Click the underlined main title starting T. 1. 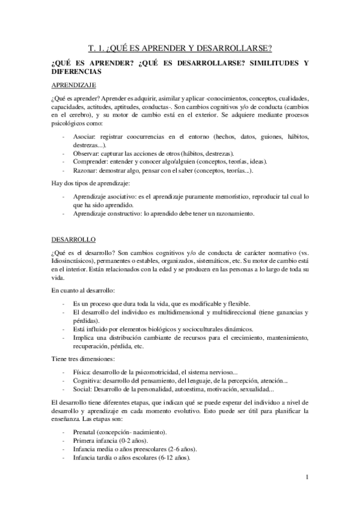tap(180, 49)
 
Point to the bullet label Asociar tap(85, 137)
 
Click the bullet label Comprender tap(91, 162)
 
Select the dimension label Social tap(83, 389)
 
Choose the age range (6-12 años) tap(169, 458)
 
